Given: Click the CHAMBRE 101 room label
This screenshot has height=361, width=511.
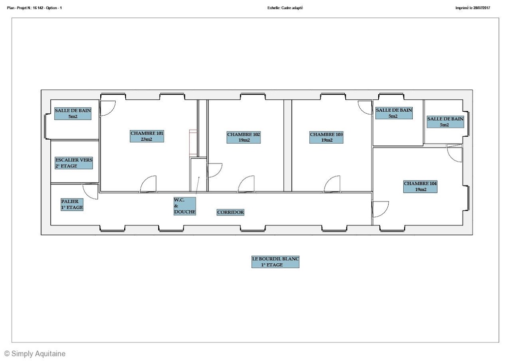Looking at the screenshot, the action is (147, 136).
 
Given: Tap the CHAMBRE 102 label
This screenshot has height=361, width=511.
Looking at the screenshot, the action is (244, 137).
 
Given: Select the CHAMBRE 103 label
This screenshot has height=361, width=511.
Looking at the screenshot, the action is (326, 137).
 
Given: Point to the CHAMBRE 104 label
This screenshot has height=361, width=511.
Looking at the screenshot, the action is (420, 186).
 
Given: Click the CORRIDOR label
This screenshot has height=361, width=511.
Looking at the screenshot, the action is (231, 212).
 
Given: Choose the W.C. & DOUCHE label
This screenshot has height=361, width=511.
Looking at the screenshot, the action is (185, 206).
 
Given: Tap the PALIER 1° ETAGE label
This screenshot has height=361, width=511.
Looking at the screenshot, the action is (72, 204).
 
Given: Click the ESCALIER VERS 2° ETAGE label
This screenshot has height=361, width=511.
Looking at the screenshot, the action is (74, 163).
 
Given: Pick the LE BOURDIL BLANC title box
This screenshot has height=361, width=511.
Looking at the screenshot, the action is (275, 262).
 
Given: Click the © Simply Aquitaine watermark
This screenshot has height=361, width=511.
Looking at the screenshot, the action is (35, 354).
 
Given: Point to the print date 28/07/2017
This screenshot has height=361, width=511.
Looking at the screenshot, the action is (482, 8).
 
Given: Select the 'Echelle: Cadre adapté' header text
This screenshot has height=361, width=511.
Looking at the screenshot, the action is (285, 8).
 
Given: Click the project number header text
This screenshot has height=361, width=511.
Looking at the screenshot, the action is (34, 8).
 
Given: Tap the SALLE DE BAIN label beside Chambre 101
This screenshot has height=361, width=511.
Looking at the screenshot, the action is (73, 114).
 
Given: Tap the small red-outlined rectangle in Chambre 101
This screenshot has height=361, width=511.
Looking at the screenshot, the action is (193, 143).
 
